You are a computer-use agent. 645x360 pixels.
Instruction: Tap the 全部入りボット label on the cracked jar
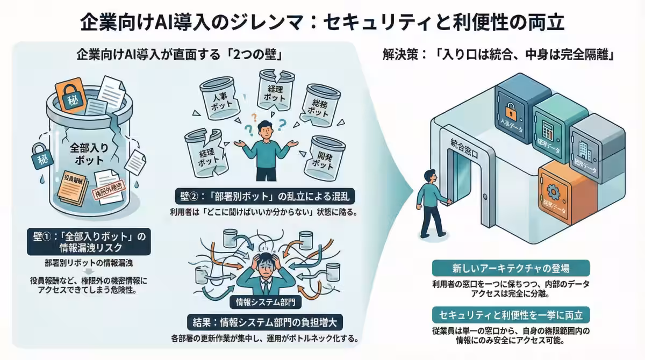(87, 152)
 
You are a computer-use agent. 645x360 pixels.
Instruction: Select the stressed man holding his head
(263, 274)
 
